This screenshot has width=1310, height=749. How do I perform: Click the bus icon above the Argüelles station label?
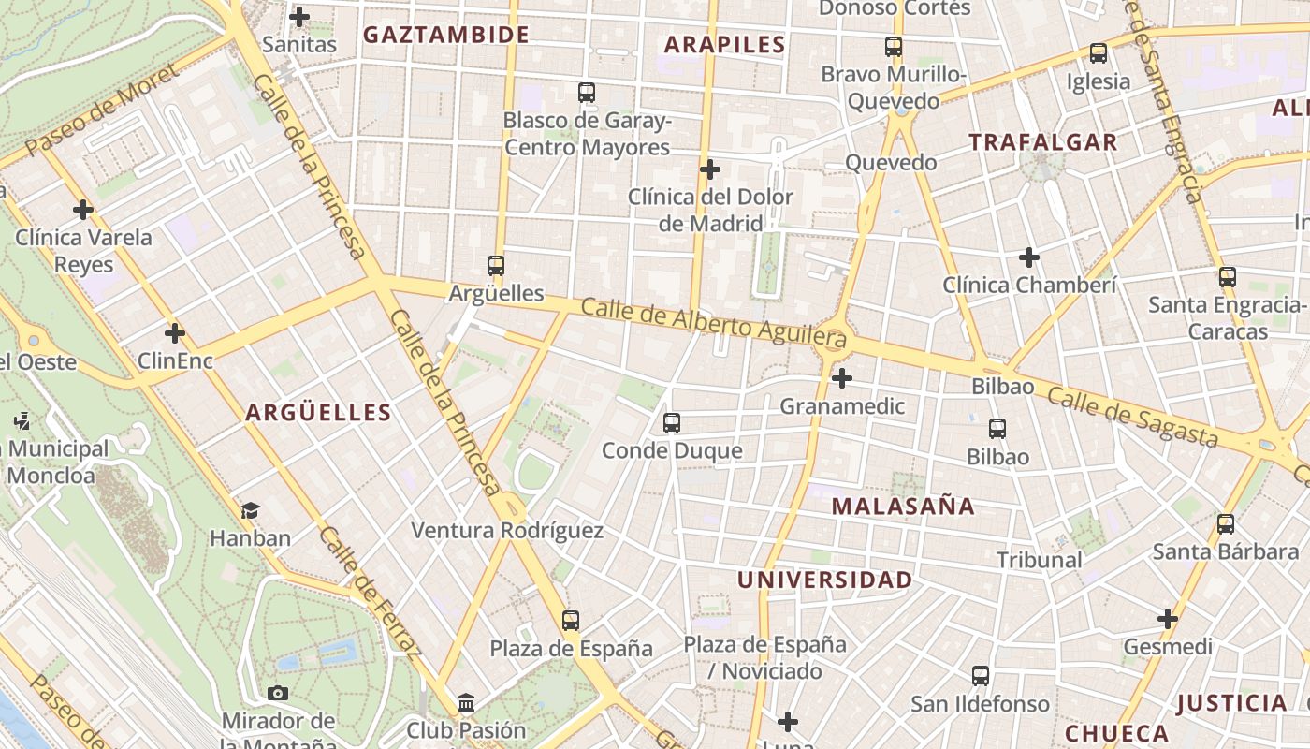point(496,265)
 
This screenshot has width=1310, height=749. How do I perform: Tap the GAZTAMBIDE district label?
point(446,36)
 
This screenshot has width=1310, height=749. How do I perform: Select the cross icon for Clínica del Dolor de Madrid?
point(710,169)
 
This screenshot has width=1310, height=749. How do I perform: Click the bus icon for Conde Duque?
point(672,422)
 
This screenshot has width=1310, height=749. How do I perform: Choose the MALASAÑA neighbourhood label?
point(903,507)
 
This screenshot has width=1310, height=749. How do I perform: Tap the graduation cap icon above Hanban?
point(250,510)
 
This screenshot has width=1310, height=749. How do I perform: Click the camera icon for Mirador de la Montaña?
point(278,693)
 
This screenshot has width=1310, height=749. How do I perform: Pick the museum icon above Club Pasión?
point(466,702)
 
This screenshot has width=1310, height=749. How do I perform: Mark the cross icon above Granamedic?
point(842,378)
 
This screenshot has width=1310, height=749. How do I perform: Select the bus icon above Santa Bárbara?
point(1226,524)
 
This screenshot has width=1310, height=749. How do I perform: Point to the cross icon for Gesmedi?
point(1168,619)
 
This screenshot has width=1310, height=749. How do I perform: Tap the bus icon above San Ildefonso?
point(981,675)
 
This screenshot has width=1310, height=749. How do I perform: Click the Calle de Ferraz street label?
point(370,593)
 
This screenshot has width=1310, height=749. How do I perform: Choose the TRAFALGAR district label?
point(1043,142)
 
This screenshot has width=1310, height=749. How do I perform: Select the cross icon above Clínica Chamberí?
point(1029,257)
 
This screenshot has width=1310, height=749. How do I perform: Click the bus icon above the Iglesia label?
point(1099,53)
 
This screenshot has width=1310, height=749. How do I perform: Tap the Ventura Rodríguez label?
point(507,531)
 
